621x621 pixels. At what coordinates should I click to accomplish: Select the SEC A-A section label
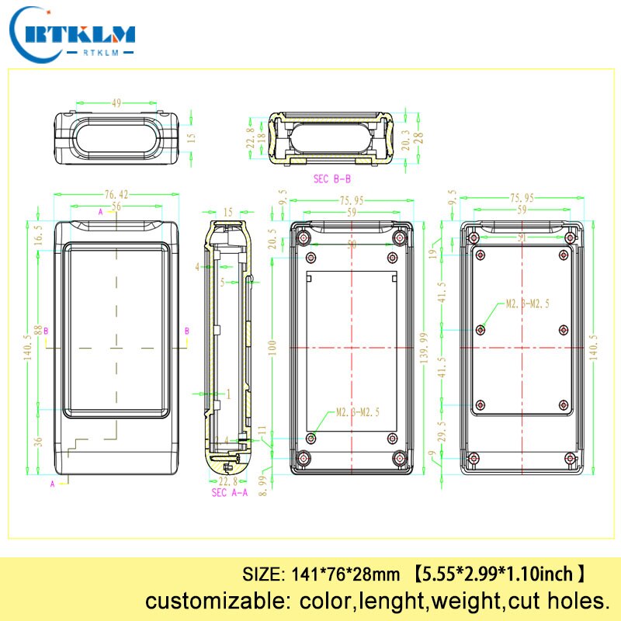click(231, 493)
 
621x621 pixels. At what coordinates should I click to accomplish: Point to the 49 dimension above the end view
click(117, 102)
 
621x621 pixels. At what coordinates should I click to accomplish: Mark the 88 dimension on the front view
click(36, 330)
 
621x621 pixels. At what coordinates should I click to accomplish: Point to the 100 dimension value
click(272, 347)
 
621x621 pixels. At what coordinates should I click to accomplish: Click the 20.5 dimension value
click(272, 238)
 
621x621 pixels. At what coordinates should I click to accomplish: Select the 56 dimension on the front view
click(116, 206)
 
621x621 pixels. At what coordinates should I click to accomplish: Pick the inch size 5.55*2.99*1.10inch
click(498, 575)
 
